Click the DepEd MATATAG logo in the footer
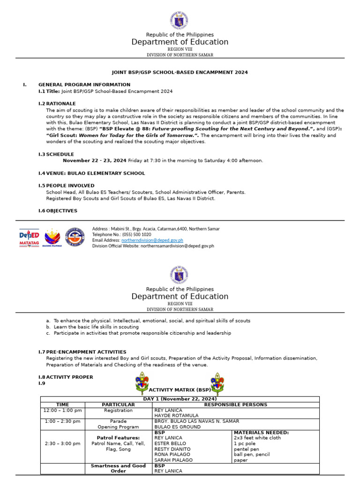(29, 238)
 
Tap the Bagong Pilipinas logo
(52, 238)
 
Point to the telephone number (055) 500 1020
(136, 234)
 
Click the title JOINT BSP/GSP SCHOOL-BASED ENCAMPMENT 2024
(180, 73)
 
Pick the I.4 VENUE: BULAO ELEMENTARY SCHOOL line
(91, 173)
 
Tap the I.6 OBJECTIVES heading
(58, 211)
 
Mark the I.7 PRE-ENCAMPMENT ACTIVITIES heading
(82, 352)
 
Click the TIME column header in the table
(62, 405)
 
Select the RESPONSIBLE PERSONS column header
(236, 405)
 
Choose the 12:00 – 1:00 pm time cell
(62, 410)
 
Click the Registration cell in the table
(118, 410)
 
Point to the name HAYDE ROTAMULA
(176, 415)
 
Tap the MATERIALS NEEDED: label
(261, 432)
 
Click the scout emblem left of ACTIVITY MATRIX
(142, 383)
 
